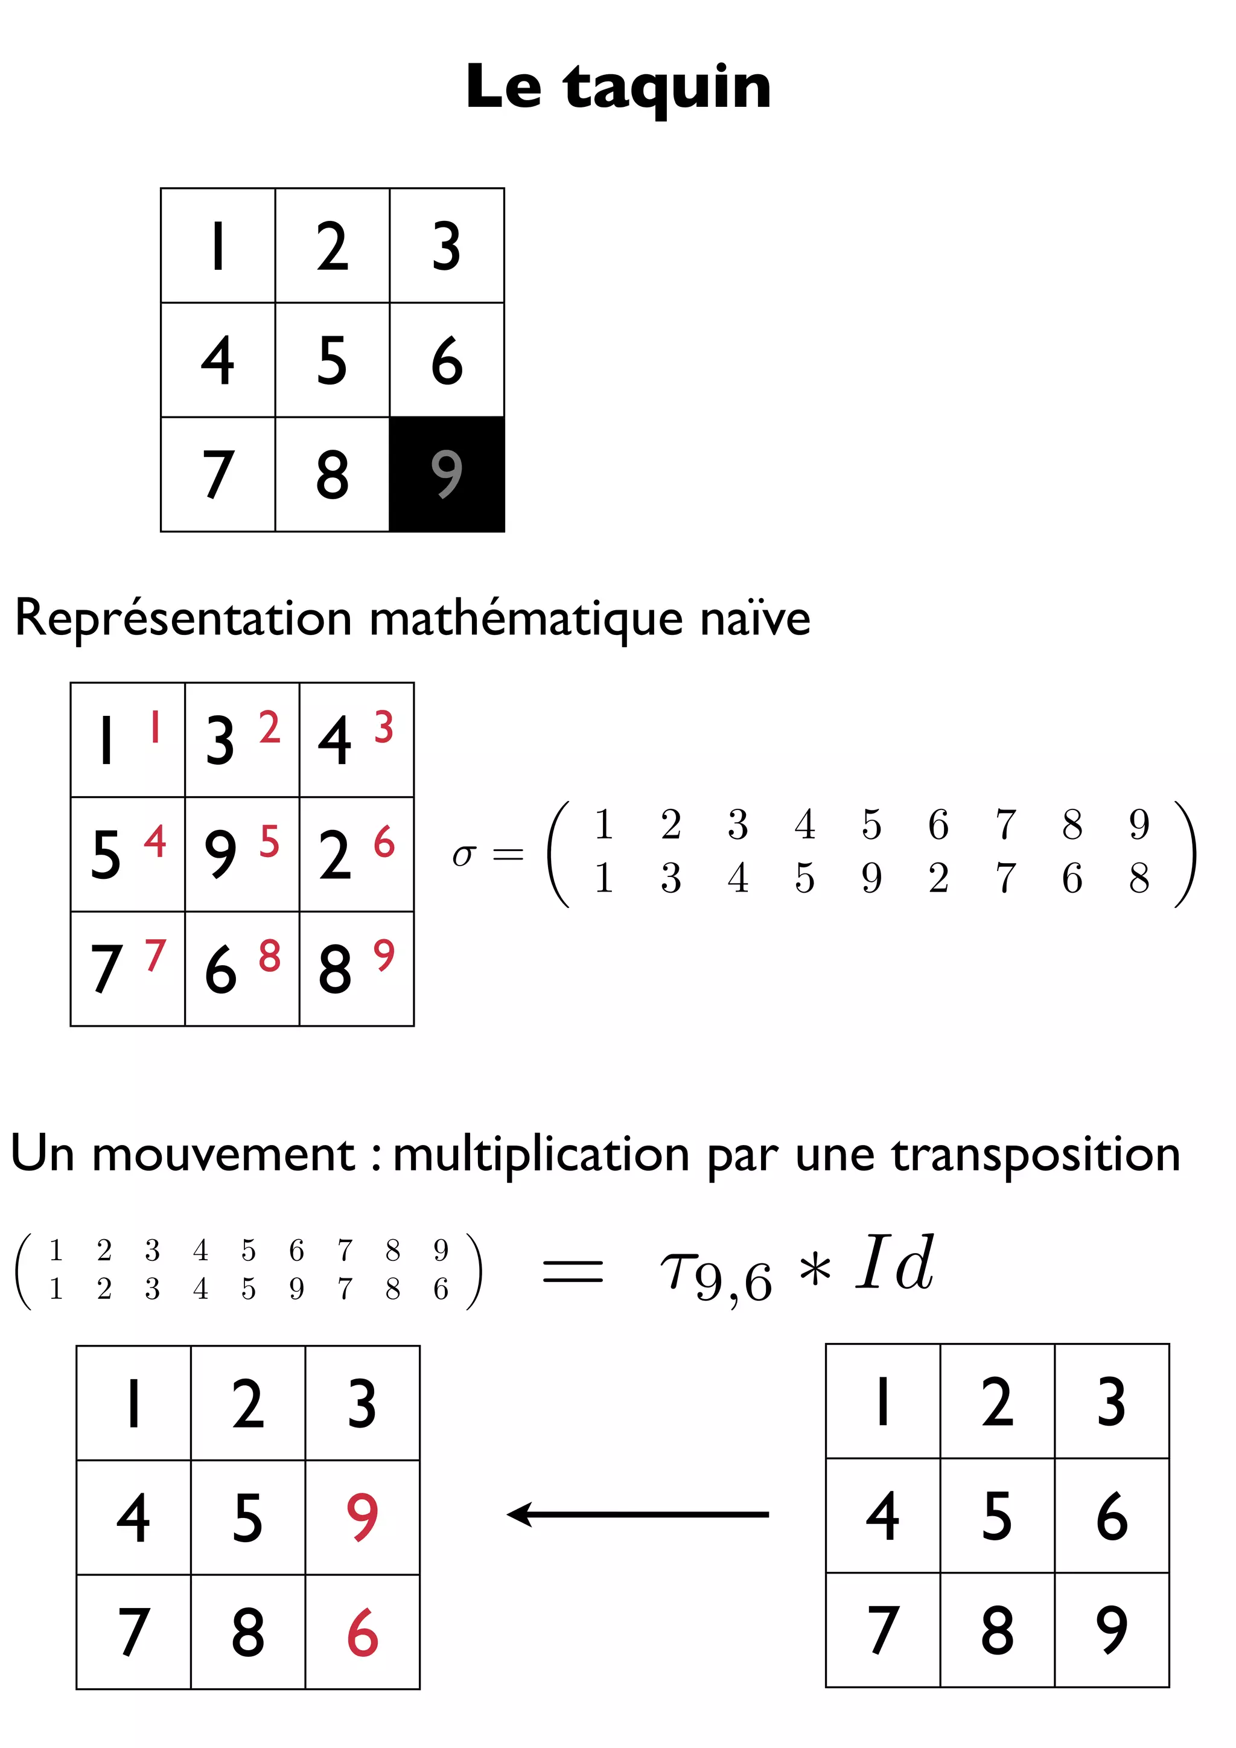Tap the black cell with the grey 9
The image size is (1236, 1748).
(x=447, y=474)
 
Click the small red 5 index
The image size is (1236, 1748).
(x=269, y=841)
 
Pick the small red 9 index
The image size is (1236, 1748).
(x=384, y=955)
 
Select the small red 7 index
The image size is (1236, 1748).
(x=155, y=955)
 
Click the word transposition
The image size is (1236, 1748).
(x=1036, y=1154)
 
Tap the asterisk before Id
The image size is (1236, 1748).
(x=815, y=1270)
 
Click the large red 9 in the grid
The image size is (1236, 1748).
(x=362, y=1517)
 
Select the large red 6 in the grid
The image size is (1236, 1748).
(x=362, y=1632)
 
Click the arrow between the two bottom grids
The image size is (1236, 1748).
(x=638, y=1514)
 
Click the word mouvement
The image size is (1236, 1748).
(x=223, y=1154)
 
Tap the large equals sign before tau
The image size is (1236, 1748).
(x=572, y=1271)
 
